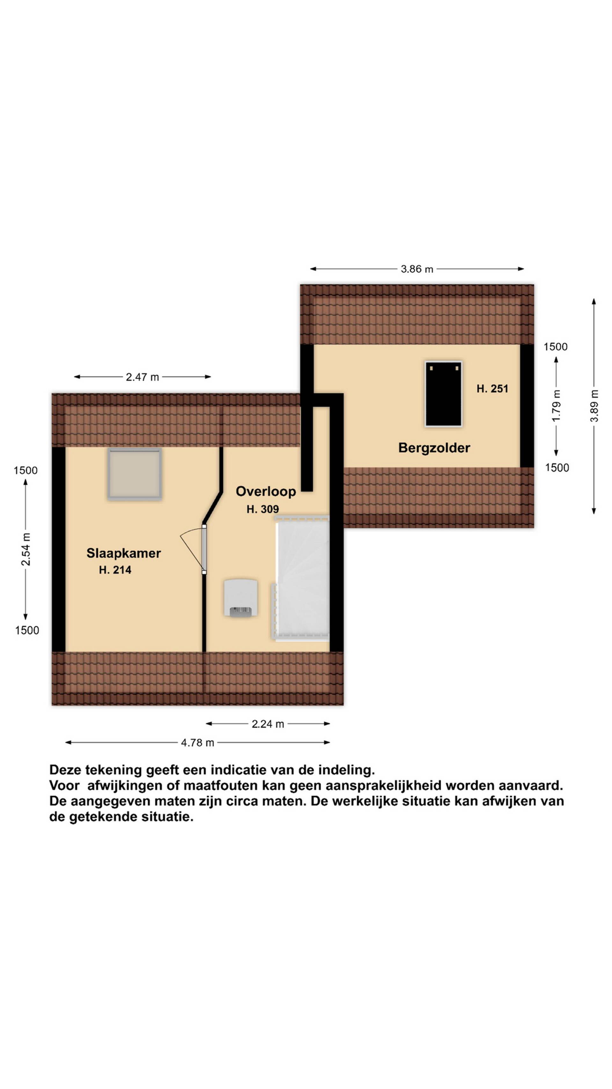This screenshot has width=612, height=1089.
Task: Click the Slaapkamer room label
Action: [123, 553]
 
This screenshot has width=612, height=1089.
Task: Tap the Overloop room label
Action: [266, 491]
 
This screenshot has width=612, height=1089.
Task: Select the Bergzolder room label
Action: [434, 448]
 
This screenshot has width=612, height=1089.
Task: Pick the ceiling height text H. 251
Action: [492, 389]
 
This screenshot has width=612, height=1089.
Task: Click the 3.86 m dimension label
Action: [417, 269]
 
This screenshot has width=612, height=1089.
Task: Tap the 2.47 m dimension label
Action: [142, 377]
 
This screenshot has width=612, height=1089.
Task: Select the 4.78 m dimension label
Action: [198, 743]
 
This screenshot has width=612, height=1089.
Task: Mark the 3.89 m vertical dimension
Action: [594, 406]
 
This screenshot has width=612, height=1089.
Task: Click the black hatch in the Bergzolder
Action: [443, 394]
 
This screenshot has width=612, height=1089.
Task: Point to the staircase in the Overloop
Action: [301, 578]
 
